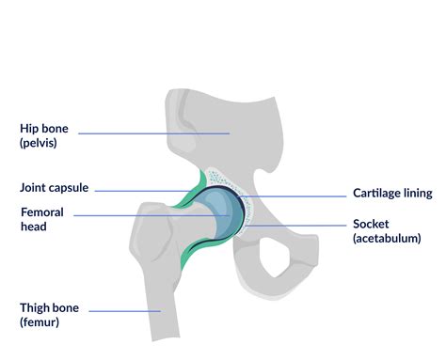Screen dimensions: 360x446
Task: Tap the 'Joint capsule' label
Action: [54, 188]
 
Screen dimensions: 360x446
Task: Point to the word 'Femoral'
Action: [42, 212]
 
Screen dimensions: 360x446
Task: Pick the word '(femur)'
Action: [40, 323]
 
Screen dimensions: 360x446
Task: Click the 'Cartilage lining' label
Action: [392, 194]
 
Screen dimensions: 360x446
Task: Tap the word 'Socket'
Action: [371, 224]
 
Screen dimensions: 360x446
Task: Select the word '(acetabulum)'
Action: [391, 239]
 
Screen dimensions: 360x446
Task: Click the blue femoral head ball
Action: [217, 214]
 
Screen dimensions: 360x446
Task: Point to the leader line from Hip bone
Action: [151, 133]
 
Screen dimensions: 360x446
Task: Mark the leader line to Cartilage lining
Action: [301, 196]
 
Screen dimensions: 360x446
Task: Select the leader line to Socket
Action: [301, 226]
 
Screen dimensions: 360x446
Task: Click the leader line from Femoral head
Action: [141, 216]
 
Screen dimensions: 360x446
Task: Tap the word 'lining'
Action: [417, 194]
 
